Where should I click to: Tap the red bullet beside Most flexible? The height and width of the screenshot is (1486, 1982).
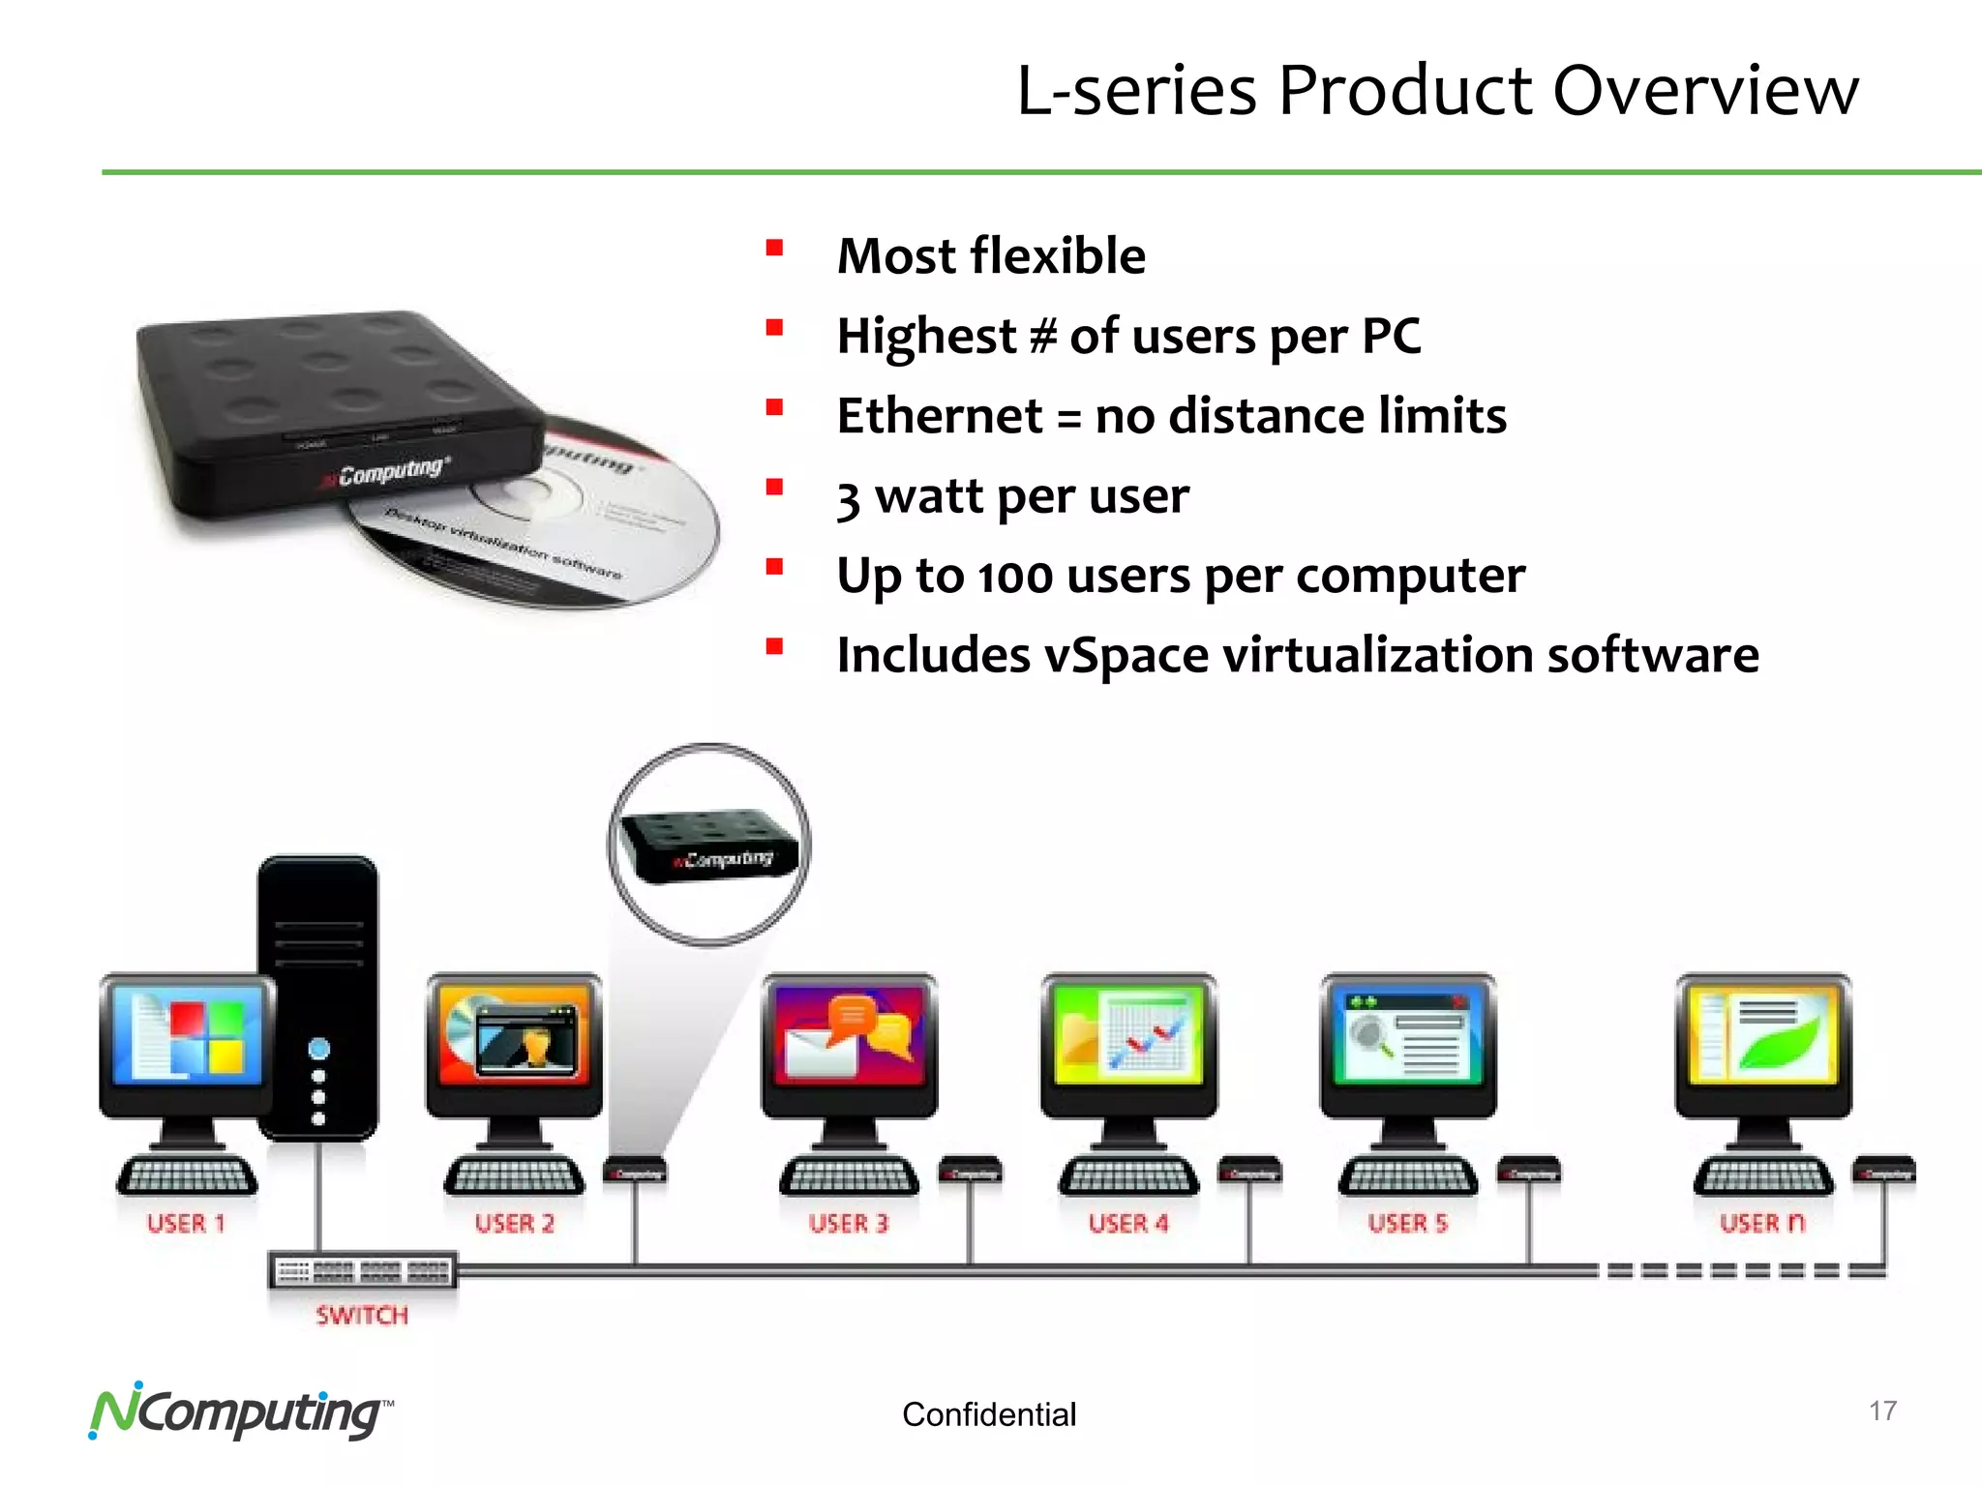click(774, 248)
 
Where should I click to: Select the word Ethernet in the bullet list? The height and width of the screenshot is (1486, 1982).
click(939, 416)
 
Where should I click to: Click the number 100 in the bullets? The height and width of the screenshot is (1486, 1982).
click(1015, 578)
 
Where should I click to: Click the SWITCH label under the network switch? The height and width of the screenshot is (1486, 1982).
click(362, 1315)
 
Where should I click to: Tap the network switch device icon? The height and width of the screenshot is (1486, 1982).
click(362, 1271)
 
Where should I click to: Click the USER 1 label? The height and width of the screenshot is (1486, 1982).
click(186, 1224)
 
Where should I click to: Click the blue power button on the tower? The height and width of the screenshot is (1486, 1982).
click(318, 1049)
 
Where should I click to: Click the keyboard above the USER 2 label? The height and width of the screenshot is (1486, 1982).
click(514, 1175)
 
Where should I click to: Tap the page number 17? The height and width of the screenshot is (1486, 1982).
click(1882, 1411)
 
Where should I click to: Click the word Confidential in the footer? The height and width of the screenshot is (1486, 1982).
click(988, 1414)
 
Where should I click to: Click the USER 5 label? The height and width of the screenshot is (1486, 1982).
click(1408, 1224)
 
